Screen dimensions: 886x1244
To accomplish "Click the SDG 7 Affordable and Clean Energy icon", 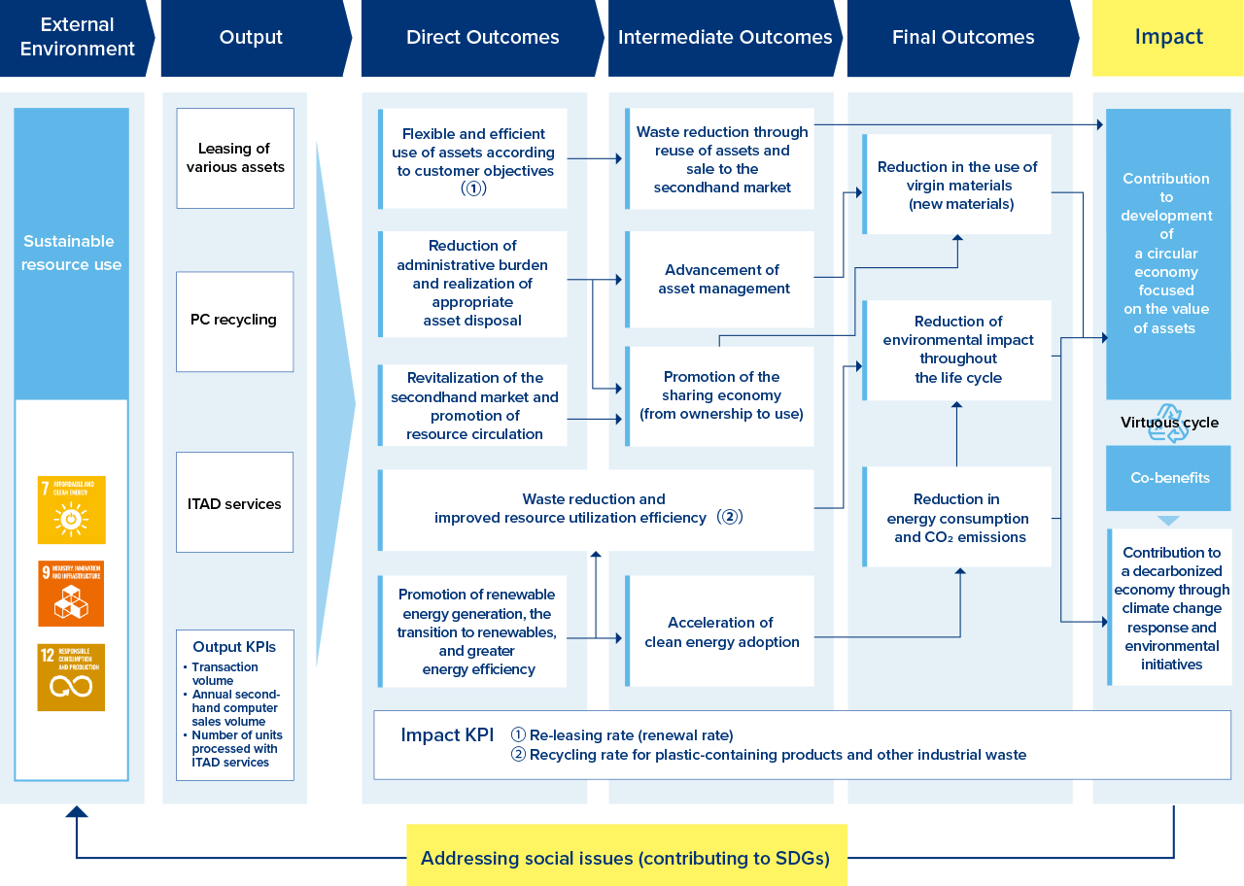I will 71,510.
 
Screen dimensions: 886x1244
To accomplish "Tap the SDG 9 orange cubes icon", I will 71,593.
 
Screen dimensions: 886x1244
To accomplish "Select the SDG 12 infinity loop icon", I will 71,677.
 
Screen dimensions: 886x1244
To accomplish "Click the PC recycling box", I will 234,321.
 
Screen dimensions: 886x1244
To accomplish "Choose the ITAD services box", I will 234,503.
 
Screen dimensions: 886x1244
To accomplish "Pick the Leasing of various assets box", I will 235,158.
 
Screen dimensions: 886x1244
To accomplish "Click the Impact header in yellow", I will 1168,38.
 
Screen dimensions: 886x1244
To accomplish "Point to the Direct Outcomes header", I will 482,38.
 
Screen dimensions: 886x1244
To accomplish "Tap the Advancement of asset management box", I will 722,279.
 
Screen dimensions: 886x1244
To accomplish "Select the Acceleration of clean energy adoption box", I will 721,631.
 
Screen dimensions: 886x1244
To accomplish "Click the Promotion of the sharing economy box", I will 721,395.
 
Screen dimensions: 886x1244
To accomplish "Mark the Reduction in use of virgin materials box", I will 957,185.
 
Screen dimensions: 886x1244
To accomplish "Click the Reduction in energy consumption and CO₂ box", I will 957,518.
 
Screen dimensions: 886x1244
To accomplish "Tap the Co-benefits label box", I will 1169,478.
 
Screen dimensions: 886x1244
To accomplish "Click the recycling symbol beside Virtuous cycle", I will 1167,424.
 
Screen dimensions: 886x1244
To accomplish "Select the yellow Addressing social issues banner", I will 626,856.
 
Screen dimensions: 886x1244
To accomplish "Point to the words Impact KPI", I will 447,735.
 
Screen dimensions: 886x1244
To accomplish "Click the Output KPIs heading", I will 234,647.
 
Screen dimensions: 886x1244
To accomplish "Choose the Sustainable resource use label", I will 71,253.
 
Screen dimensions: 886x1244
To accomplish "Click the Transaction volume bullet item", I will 225,673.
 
